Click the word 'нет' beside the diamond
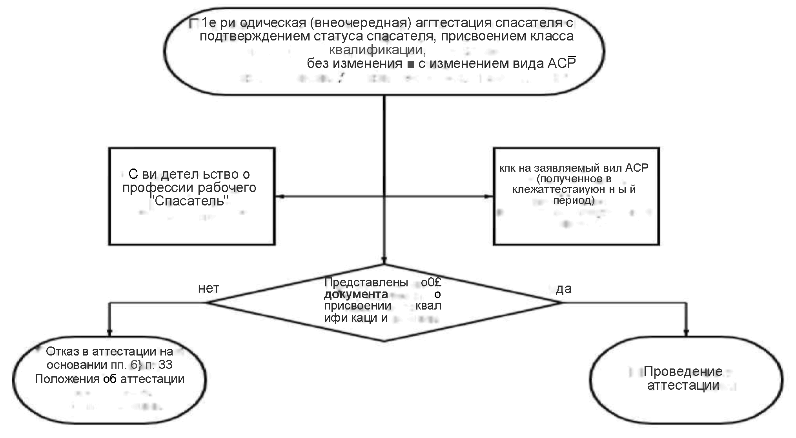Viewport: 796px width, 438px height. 208,289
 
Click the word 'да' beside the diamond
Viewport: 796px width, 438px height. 564,289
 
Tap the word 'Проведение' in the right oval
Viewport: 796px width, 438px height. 683,371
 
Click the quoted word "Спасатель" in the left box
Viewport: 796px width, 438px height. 190,201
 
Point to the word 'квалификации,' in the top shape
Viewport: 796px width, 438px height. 377,50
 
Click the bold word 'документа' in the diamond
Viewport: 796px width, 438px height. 356,294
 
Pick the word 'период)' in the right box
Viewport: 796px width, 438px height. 574,200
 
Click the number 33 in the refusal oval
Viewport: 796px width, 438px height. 165,365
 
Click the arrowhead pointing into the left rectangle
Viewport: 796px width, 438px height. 279,196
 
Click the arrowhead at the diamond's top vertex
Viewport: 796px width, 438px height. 384,260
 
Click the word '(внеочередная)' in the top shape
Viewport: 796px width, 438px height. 361,23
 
